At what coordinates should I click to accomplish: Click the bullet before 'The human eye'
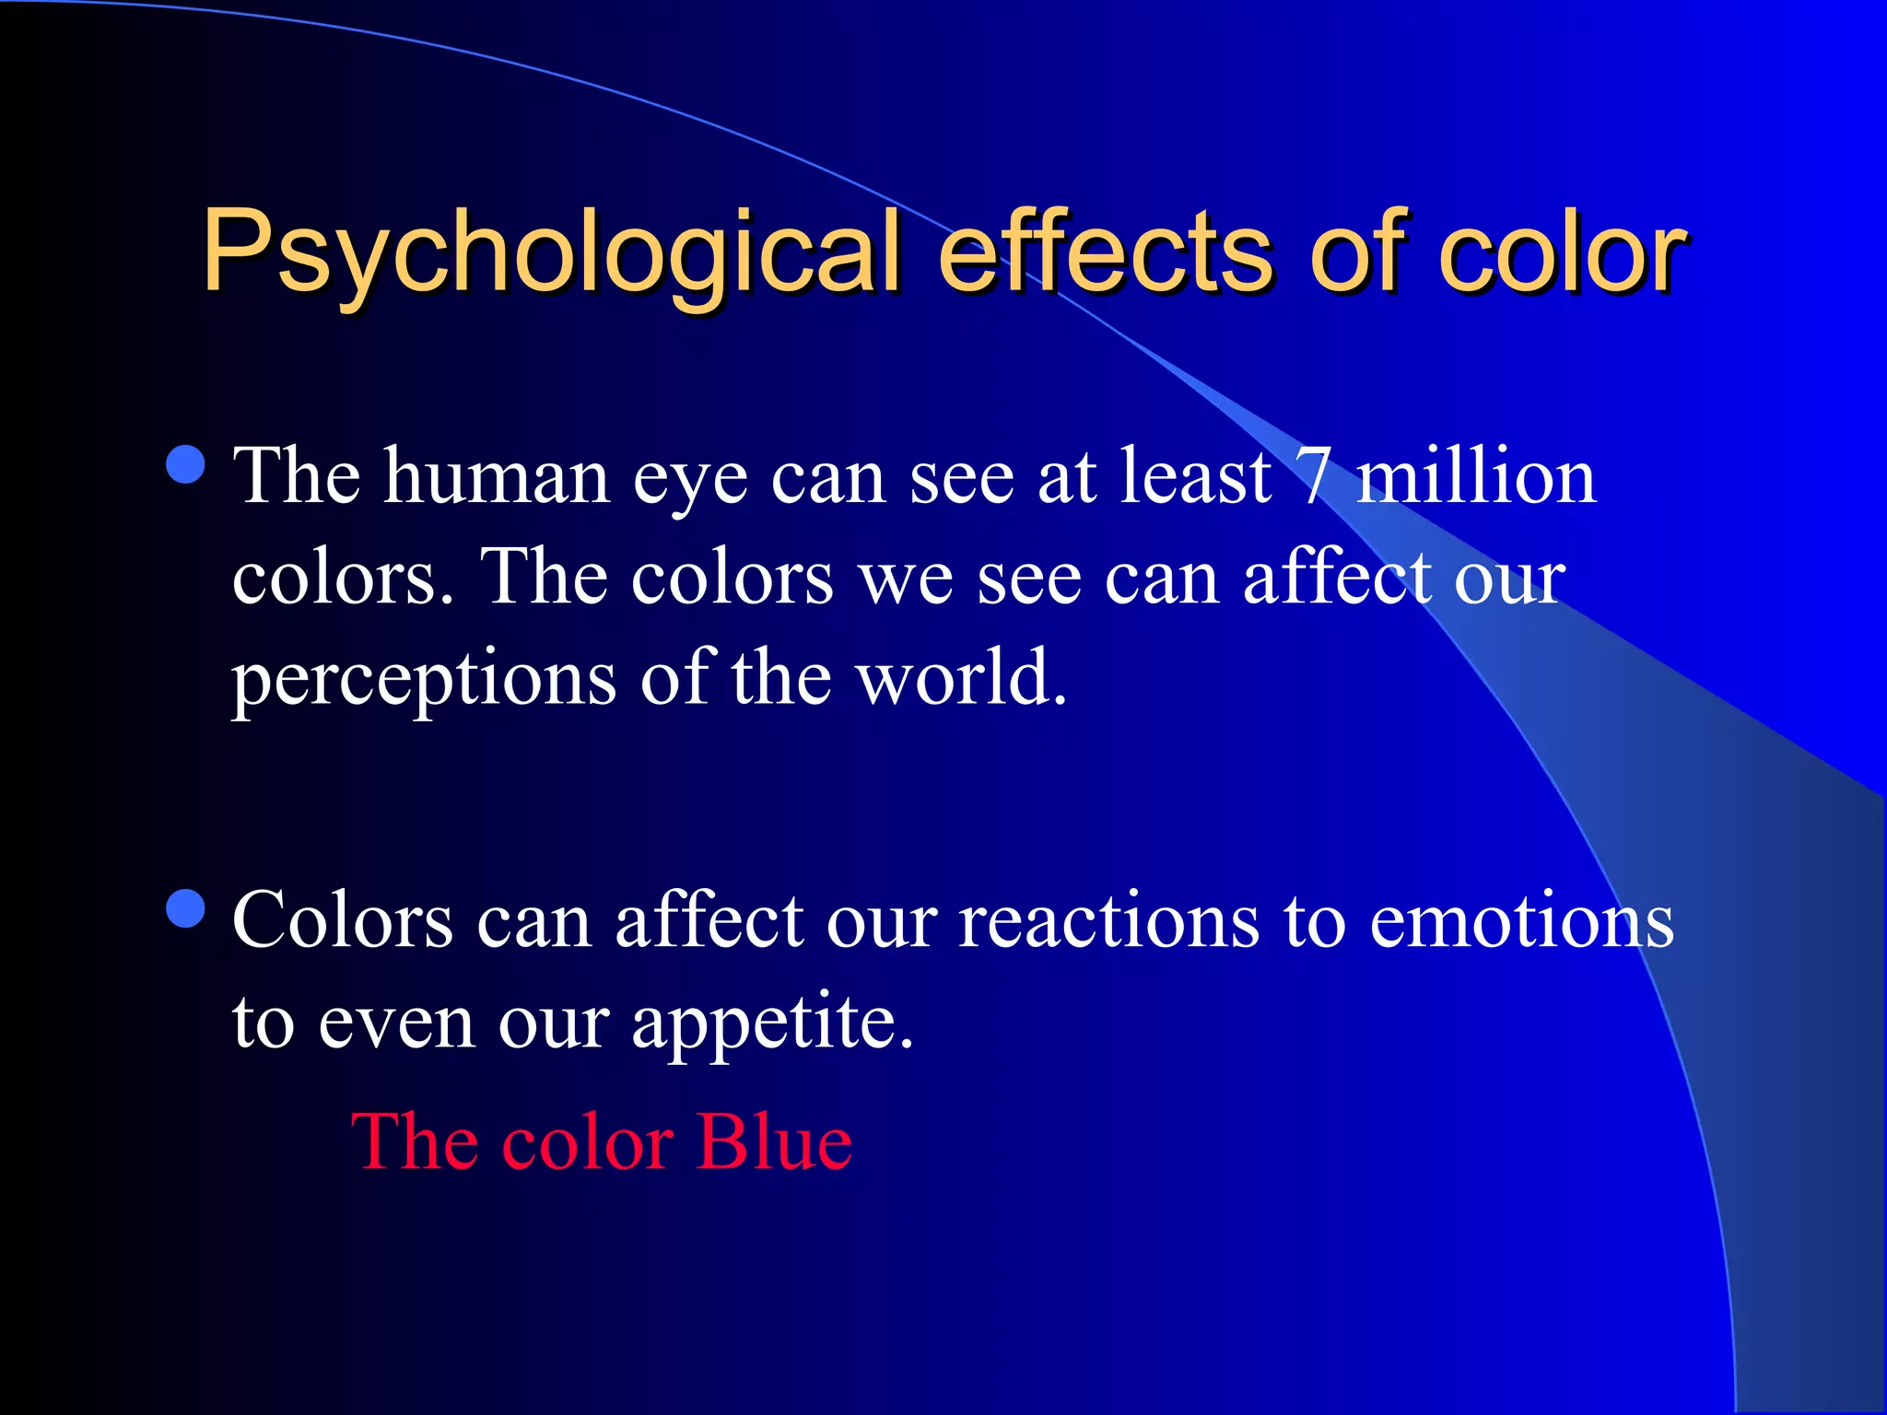click(x=186, y=464)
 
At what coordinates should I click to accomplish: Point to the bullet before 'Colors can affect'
click(x=186, y=908)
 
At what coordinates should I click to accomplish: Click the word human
click(x=497, y=476)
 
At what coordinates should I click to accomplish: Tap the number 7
click(x=1312, y=476)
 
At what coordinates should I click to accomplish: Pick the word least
click(x=1195, y=476)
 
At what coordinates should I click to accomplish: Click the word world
click(x=961, y=677)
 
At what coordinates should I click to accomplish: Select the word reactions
click(x=1108, y=920)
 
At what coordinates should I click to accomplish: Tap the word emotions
click(x=1521, y=920)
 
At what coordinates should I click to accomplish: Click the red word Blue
click(x=774, y=1142)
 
